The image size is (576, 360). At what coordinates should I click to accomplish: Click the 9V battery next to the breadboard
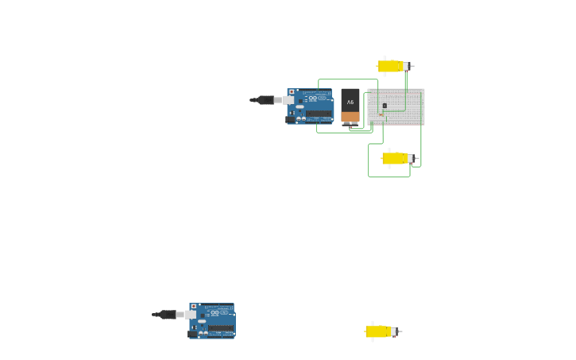pyautogui.click(x=350, y=105)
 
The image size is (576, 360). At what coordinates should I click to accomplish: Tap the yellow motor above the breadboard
pyautogui.click(x=390, y=66)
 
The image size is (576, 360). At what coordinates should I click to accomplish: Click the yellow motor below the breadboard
pyautogui.click(x=395, y=158)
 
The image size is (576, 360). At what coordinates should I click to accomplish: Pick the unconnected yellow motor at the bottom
pyautogui.click(x=378, y=331)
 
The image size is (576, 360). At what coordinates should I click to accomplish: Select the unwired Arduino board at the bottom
pyautogui.click(x=213, y=321)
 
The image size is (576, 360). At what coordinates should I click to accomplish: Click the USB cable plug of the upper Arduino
pyautogui.click(x=266, y=100)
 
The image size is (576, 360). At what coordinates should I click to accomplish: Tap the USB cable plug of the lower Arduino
pyautogui.click(x=168, y=315)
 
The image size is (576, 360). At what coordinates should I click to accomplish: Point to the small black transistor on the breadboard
pyautogui.click(x=385, y=105)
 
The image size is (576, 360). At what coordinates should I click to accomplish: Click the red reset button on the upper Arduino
pyautogui.click(x=292, y=92)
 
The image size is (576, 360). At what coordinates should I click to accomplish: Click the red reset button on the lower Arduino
pyautogui.click(x=193, y=307)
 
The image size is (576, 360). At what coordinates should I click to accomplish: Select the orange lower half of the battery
pyautogui.click(x=350, y=117)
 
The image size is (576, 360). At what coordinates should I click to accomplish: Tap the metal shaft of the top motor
pyautogui.click(x=411, y=66)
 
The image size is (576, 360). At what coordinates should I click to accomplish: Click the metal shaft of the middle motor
pyautogui.click(x=415, y=158)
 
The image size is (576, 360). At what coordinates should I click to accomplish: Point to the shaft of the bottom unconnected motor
pyautogui.click(x=399, y=331)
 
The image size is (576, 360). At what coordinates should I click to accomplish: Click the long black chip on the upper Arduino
pyautogui.click(x=319, y=114)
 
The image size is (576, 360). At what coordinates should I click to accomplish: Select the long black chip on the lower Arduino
pyautogui.click(x=221, y=328)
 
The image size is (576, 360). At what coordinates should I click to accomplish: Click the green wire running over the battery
pyautogui.click(x=348, y=79)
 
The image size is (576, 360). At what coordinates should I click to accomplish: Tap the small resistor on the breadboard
pyautogui.click(x=381, y=116)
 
